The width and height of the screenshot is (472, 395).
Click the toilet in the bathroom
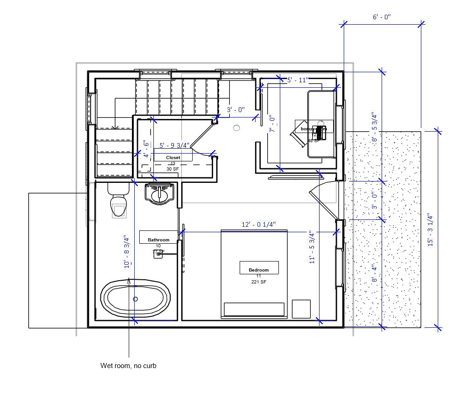(119, 201)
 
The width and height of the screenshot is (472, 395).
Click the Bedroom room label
(259, 270)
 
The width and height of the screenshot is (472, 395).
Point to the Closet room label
(173, 157)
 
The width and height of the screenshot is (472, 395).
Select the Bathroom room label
(158, 240)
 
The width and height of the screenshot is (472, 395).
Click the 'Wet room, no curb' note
(128, 366)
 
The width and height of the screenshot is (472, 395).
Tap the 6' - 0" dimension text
(382, 17)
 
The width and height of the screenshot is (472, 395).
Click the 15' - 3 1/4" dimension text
(430, 231)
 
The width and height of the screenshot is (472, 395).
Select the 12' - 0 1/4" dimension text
(259, 224)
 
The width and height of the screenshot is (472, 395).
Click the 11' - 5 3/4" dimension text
(312, 247)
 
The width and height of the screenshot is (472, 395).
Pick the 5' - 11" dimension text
(298, 80)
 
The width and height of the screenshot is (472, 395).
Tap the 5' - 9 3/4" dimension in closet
(174, 145)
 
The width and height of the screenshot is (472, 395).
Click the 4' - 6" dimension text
(146, 149)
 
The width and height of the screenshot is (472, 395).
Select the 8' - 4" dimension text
(373, 273)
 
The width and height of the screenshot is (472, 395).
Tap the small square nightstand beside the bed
(301, 309)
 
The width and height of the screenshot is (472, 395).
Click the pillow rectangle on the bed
(254, 310)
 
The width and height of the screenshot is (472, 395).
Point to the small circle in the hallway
(236, 128)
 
